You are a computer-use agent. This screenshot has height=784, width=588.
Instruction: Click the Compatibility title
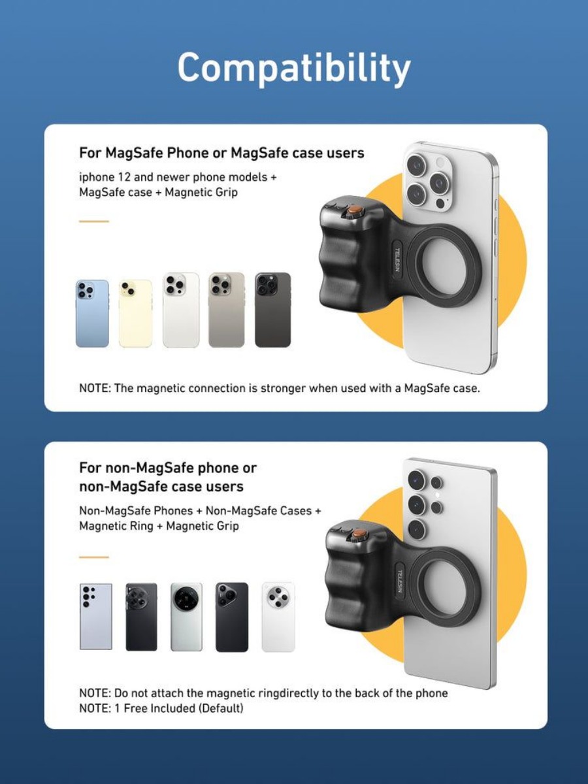click(294, 68)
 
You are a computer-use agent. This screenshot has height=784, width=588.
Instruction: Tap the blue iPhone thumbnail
click(92, 313)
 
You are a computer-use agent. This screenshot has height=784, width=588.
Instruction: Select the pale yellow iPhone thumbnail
click(135, 313)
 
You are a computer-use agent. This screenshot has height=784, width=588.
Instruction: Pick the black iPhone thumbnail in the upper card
click(272, 310)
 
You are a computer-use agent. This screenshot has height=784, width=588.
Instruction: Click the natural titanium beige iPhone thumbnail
click(227, 310)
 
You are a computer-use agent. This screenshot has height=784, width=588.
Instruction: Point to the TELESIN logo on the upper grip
click(397, 259)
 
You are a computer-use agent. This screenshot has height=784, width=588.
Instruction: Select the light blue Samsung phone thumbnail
click(95, 617)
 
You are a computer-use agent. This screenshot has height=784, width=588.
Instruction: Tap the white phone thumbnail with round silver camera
click(278, 617)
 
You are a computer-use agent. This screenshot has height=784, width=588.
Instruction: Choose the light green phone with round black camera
click(186, 617)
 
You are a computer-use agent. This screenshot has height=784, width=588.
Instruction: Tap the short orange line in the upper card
click(94, 221)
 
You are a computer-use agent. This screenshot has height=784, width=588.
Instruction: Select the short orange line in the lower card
click(94, 557)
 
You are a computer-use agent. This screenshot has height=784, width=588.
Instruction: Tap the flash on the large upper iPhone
click(440, 163)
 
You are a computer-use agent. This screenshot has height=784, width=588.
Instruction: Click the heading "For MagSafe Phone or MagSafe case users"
click(221, 153)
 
